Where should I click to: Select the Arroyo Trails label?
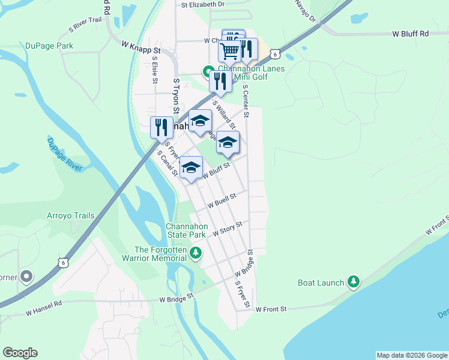pyautogui.click(x=71, y=215)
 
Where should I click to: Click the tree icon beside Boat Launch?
pyautogui.click(x=354, y=282)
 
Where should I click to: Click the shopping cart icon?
pyautogui.click(x=229, y=52)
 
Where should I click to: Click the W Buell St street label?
pyautogui.click(x=222, y=200)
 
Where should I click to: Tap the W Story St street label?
pyautogui.click(x=227, y=229)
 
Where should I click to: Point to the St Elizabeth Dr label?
pyautogui.click(x=203, y=4)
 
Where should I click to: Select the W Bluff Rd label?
pyautogui.click(x=411, y=34)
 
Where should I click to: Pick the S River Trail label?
pyautogui.click(x=85, y=24)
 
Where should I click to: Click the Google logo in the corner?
pyautogui.click(x=20, y=353)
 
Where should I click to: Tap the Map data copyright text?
pyautogui.click(x=412, y=355)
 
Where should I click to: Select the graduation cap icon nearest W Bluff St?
pyautogui.click(x=191, y=167)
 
